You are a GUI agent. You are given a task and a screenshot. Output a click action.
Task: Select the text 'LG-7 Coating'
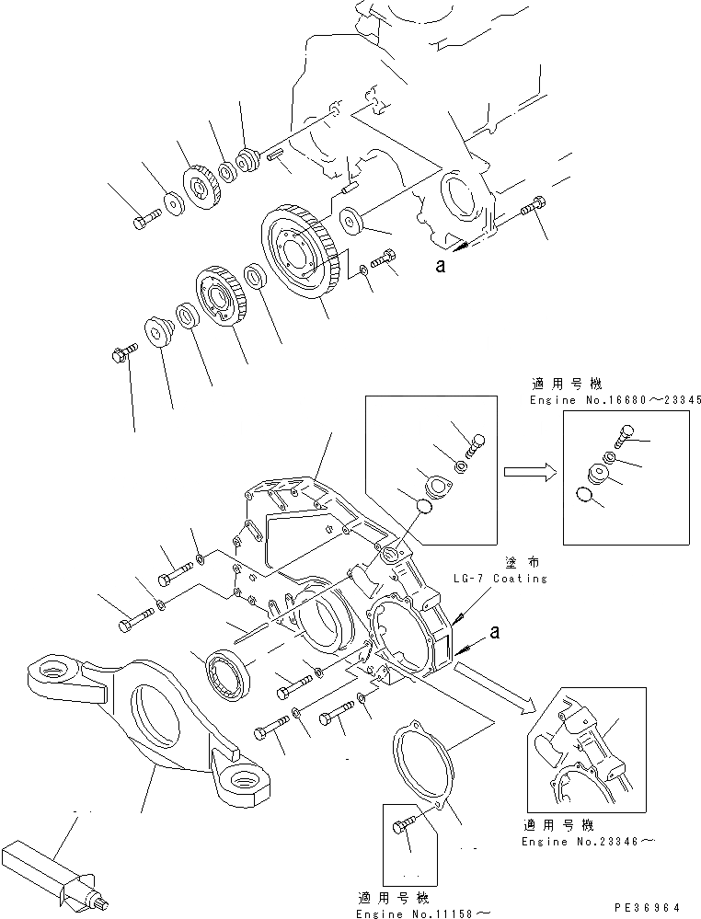[500, 578]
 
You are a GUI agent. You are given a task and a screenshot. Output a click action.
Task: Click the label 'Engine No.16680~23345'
[615, 400]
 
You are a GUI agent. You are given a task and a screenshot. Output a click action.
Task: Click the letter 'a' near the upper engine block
[441, 267]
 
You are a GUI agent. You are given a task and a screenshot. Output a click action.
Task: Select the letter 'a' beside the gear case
[496, 633]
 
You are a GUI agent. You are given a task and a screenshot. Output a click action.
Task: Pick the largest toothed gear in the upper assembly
[300, 253]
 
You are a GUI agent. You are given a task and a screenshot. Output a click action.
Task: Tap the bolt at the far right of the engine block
[533, 209]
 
